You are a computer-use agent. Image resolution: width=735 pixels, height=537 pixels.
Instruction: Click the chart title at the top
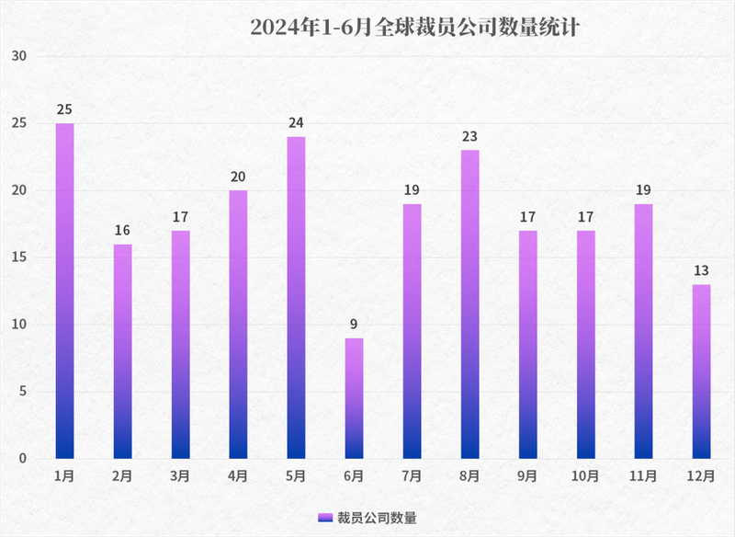(415, 28)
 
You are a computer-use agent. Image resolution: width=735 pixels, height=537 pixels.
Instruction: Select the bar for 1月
(64, 291)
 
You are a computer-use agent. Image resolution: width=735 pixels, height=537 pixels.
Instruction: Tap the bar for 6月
(354, 398)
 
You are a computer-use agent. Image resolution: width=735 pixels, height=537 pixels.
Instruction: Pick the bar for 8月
(469, 303)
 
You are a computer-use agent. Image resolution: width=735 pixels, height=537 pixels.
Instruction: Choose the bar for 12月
(701, 371)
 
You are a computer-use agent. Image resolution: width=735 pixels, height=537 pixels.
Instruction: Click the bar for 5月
(296, 297)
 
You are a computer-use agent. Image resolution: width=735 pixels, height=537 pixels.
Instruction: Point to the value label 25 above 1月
(64, 109)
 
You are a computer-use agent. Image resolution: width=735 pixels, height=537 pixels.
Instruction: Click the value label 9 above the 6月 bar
(354, 325)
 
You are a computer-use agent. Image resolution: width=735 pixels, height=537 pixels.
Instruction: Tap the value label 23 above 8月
(469, 137)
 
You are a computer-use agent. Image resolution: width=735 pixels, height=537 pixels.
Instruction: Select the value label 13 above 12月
(701, 271)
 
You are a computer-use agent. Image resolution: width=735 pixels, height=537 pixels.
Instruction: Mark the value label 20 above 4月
(238, 177)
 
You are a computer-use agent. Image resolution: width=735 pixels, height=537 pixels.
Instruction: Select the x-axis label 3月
(180, 476)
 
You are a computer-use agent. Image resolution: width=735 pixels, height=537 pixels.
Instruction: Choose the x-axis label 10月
(585, 476)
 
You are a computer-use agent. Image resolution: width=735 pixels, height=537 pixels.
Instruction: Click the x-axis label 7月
(412, 476)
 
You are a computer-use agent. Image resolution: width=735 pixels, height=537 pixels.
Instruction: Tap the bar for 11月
(643, 331)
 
